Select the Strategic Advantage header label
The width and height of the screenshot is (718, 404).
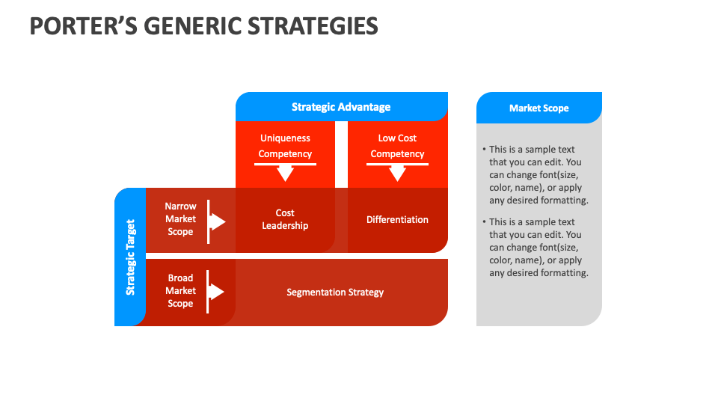pyautogui.click(x=341, y=107)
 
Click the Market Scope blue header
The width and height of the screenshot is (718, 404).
pyautogui.click(x=538, y=108)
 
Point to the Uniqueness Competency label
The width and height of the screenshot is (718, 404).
pyautogui.click(x=285, y=146)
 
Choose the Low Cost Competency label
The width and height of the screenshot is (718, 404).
pyautogui.click(x=397, y=146)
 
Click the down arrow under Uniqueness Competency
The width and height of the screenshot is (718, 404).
pyautogui.click(x=285, y=173)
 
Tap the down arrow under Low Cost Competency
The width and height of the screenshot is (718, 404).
pyautogui.click(x=397, y=173)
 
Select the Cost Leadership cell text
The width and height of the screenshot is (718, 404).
pyautogui.click(x=285, y=219)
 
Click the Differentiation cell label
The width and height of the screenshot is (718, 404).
pyautogui.click(x=397, y=219)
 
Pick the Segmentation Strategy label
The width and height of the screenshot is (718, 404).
pyautogui.click(x=335, y=292)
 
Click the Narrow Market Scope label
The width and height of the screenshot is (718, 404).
pyautogui.click(x=180, y=218)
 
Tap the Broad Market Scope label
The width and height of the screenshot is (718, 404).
pyautogui.click(x=180, y=290)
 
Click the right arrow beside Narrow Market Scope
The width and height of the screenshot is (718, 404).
pyautogui.click(x=216, y=221)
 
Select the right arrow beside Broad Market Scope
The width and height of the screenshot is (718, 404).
pyautogui.click(x=216, y=291)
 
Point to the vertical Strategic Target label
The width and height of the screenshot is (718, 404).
pyautogui.click(x=130, y=257)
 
